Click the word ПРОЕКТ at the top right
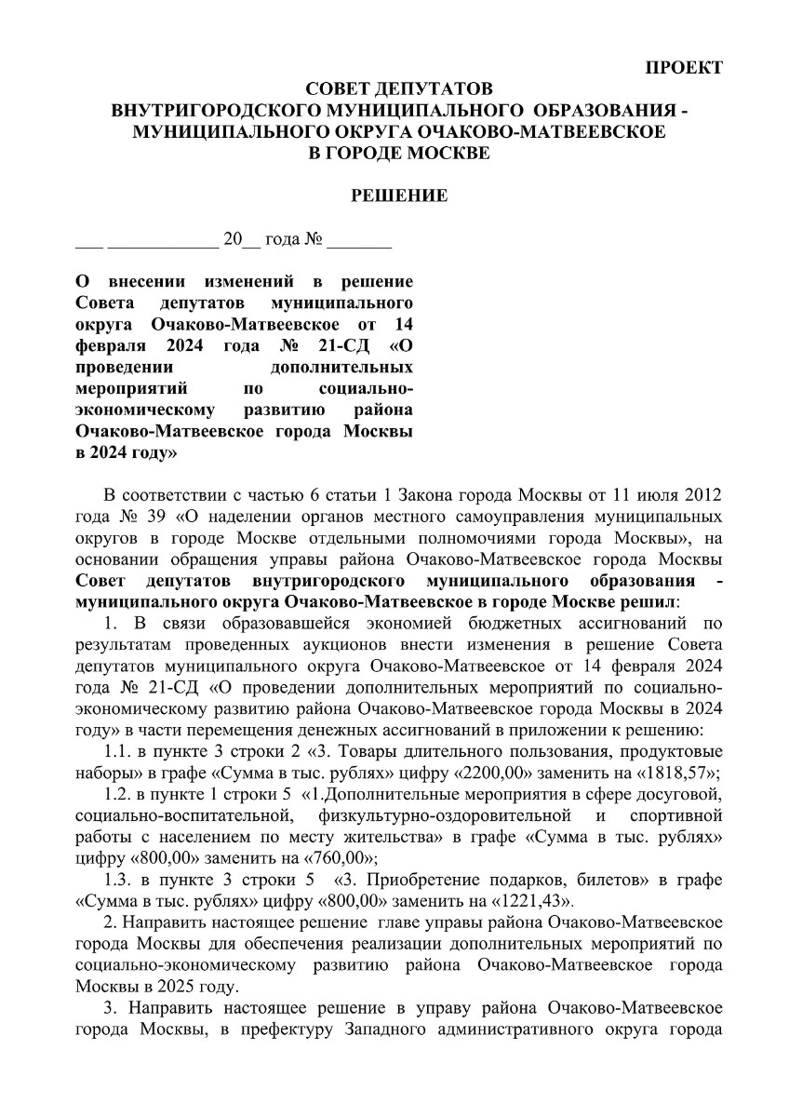(684, 68)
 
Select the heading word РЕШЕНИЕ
(398, 195)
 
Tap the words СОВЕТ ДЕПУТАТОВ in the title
(398, 89)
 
